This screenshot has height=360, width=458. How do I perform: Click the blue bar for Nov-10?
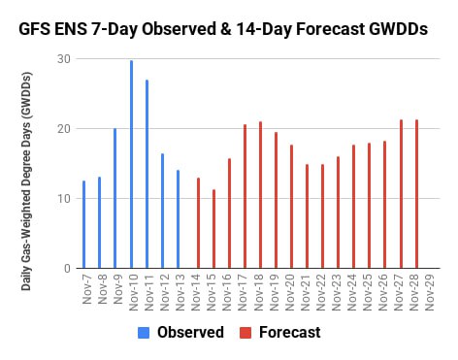click(x=131, y=164)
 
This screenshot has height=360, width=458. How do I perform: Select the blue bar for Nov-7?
click(x=84, y=224)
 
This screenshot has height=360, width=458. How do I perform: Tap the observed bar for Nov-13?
click(x=179, y=219)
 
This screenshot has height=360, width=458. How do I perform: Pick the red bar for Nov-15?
click(x=213, y=229)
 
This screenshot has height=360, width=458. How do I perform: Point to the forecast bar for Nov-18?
click(x=260, y=195)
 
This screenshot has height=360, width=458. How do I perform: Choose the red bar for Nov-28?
click(x=417, y=194)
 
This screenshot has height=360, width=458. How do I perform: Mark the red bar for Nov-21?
click(x=307, y=216)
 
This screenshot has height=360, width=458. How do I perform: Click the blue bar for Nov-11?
click(x=147, y=174)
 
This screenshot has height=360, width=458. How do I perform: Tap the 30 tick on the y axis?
click(x=64, y=59)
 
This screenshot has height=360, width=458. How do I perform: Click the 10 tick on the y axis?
click(x=64, y=198)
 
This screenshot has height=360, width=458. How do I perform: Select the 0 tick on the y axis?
click(x=67, y=268)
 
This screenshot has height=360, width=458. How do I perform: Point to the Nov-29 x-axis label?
click(x=430, y=293)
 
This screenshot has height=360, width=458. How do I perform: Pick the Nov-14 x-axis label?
click(x=196, y=293)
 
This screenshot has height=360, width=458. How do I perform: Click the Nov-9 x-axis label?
click(x=118, y=289)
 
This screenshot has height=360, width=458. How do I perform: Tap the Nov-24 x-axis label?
click(x=351, y=293)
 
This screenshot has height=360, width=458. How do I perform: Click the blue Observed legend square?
click(x=144, y=333)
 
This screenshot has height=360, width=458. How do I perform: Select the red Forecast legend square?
click(x=245, y=333)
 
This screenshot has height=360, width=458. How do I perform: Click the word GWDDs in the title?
click(x=398, y=29)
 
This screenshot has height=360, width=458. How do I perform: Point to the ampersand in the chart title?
click(x=226, y=29)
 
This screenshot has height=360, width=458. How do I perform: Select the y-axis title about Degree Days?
click(x=26, y=181)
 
